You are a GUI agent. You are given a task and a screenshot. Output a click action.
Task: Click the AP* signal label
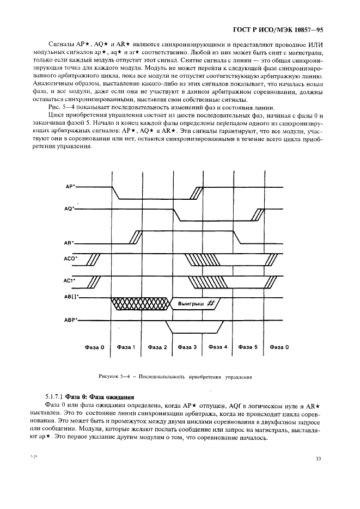coord(70,186)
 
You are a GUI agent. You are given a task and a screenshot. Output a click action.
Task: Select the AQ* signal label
coord(69,208)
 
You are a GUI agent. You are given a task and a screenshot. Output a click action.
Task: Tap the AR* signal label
coord(69,243)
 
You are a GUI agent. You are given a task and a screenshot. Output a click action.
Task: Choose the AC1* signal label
coord(70,280)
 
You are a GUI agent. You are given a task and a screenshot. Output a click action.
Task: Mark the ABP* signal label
coord(70,320)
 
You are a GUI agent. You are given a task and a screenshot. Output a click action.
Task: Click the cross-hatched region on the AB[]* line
coord(139,303)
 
